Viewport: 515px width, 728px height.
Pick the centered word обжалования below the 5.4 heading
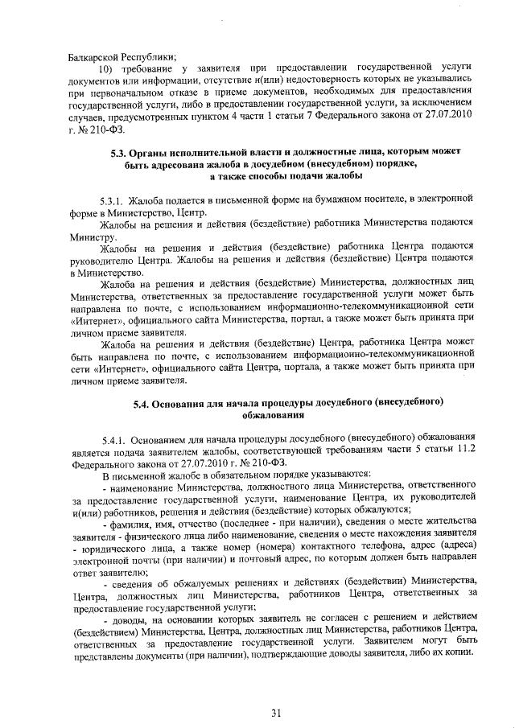click(274, 415)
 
